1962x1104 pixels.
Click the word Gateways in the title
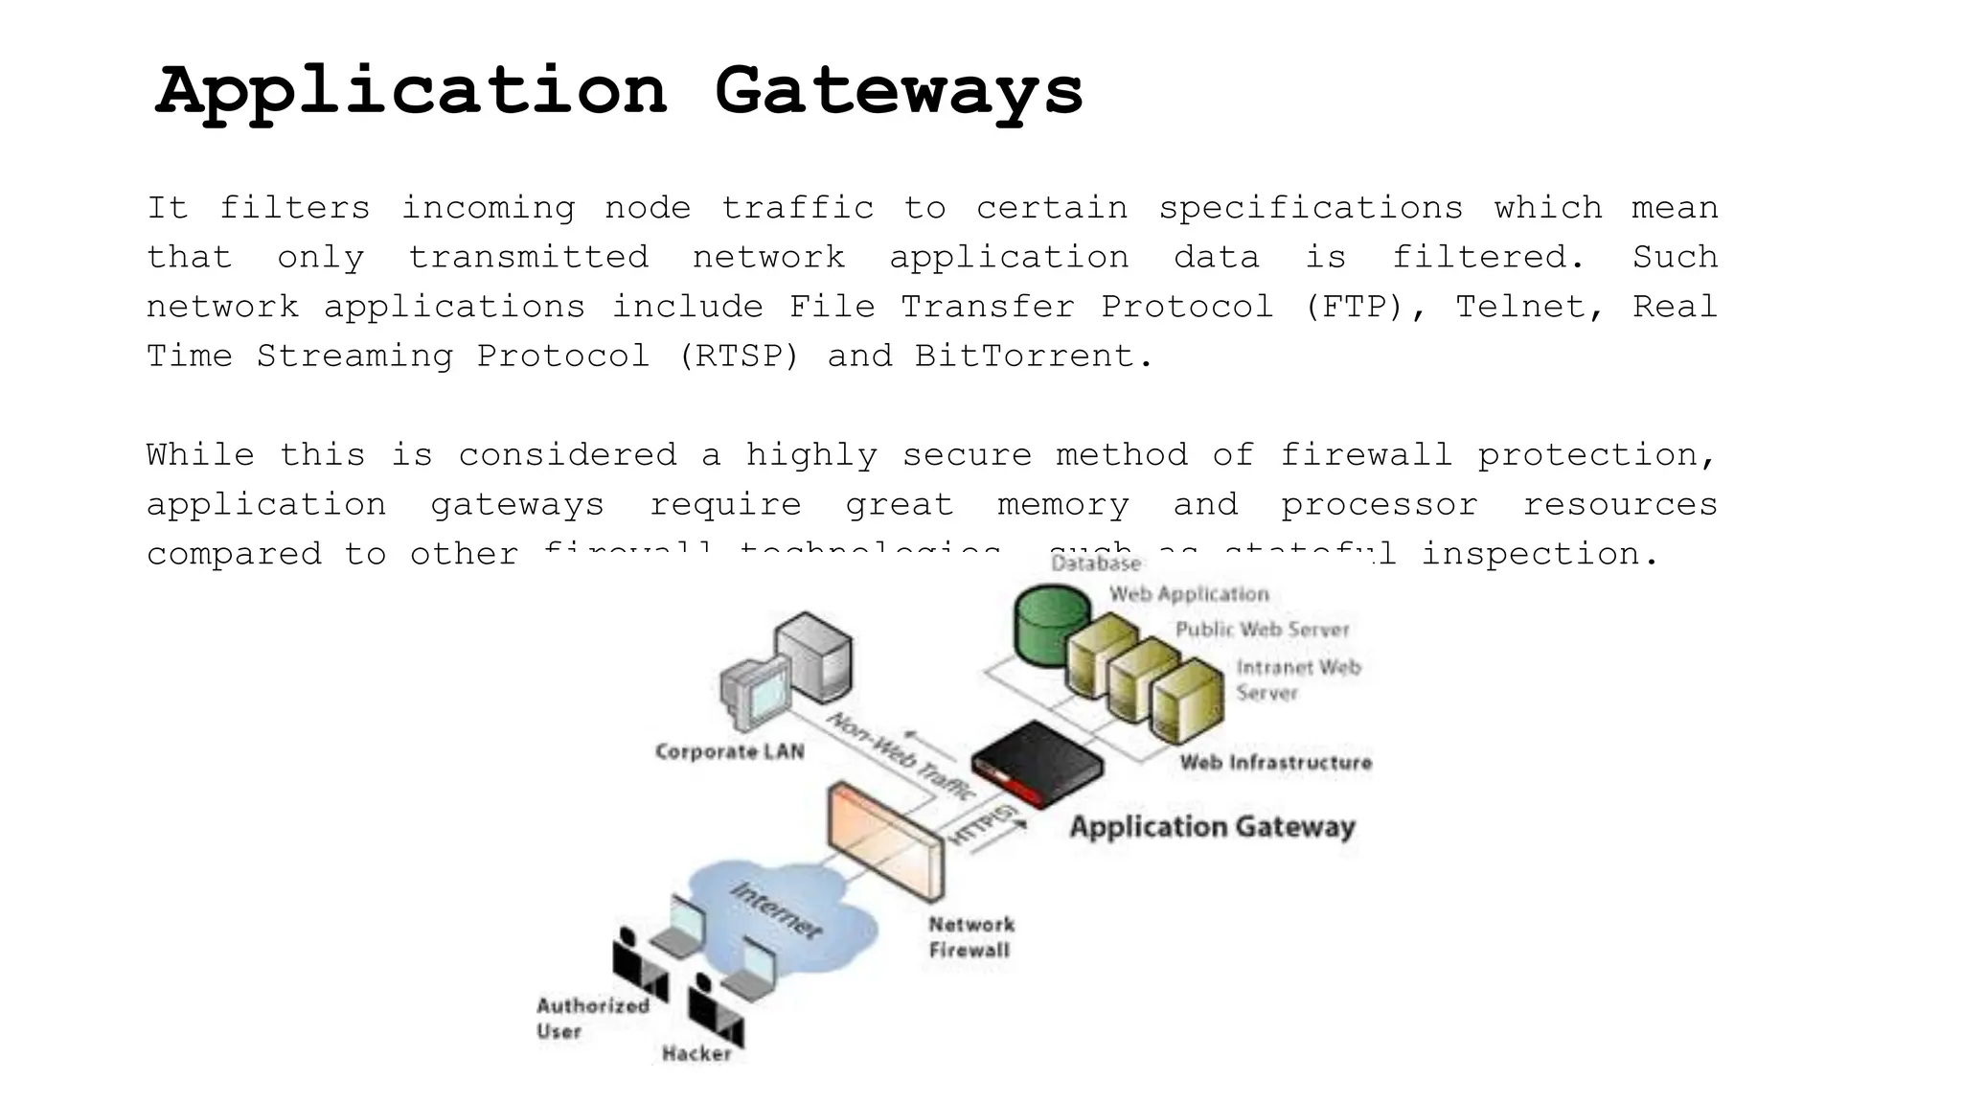click(x=898, y=93)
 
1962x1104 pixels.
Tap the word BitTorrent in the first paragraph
click(x=1024, y=356)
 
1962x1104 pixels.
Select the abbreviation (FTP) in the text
click(x=1354, y=307)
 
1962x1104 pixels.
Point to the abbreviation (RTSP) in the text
click(x=738, y=356)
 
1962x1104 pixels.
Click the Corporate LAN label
click(x=730, y=752)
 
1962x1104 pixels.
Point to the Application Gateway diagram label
click(x=1212, y=827)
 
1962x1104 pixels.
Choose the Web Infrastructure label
click(x=1275, y=763)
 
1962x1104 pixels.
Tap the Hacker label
click(x=696, y=1054)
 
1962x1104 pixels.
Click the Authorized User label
click(x=591, y=1018)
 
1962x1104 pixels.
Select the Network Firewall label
click(x=970, y=937)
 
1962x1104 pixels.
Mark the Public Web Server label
click(x=1262, y=630)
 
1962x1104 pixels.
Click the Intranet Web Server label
click(x=1297, y=679)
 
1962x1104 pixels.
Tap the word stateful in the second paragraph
click(x=1308, y=553)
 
